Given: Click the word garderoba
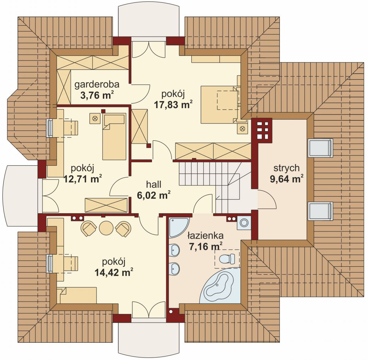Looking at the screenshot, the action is tap(97, 85).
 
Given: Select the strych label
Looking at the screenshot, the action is tap(287, 168).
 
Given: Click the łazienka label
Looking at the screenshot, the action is tap(205, 235).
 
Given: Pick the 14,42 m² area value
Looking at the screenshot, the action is tap(114, 273).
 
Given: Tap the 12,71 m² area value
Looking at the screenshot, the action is tap(83, 179).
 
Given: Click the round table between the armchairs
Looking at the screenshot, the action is tap(106, 228).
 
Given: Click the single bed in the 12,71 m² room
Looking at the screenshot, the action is tap(114, 136).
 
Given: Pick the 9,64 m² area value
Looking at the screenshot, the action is tap(287, 179).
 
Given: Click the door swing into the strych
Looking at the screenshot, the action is tap(268, 199).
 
